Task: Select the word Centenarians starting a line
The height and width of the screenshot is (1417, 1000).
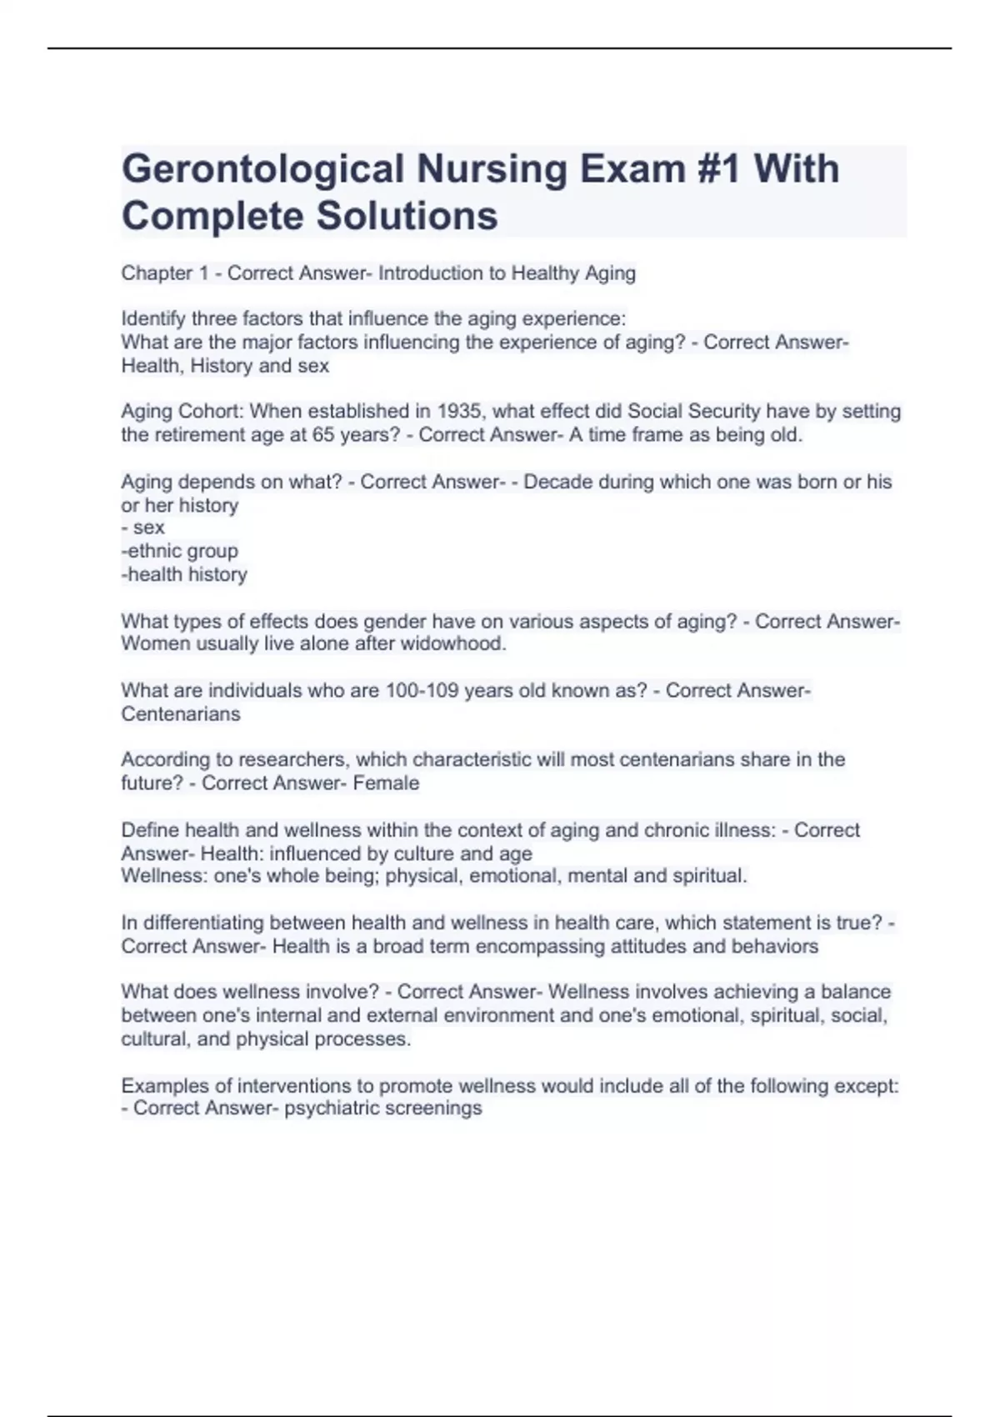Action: pos(181,714)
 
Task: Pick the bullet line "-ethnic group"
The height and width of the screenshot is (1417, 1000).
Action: pos(180,551)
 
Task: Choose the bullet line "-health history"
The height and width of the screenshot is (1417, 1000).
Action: pos(184,574)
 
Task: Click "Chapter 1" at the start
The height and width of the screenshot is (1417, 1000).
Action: pos(165,273)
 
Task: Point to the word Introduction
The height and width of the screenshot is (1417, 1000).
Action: pos(430,273)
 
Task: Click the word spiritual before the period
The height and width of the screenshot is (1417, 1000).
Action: pos(710,876)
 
